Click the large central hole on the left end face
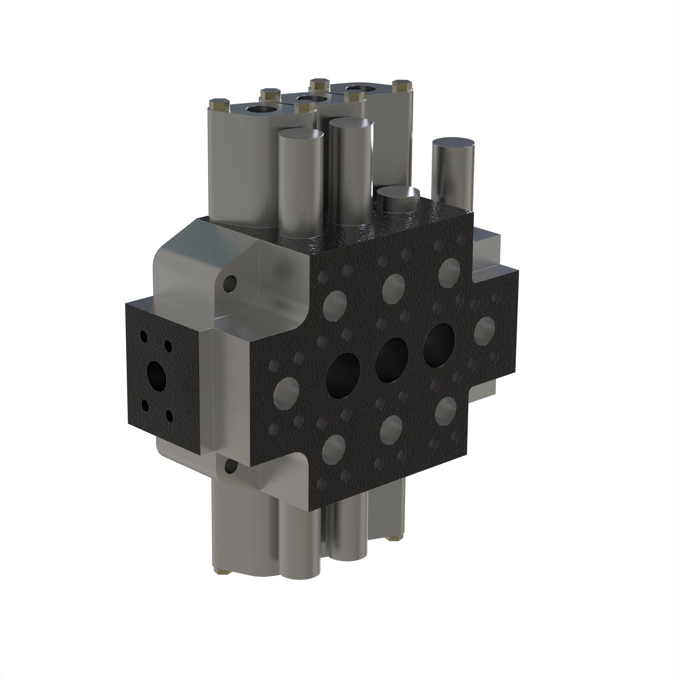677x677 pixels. pyautogui.click(x=156, y=377)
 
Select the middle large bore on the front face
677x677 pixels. pyautogui.click(x=392, y=359)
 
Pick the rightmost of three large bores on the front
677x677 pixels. pyautogui.click(x=439, y=345)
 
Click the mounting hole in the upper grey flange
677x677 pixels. pyautogui.click(x=231, y=283)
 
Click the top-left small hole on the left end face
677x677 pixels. pyautogui.click(x=144, y=336)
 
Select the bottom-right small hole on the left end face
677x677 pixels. pyautogui.click(x=170, y=416)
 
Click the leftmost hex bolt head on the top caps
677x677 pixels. pyautogui.click(x=219, y=104)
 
